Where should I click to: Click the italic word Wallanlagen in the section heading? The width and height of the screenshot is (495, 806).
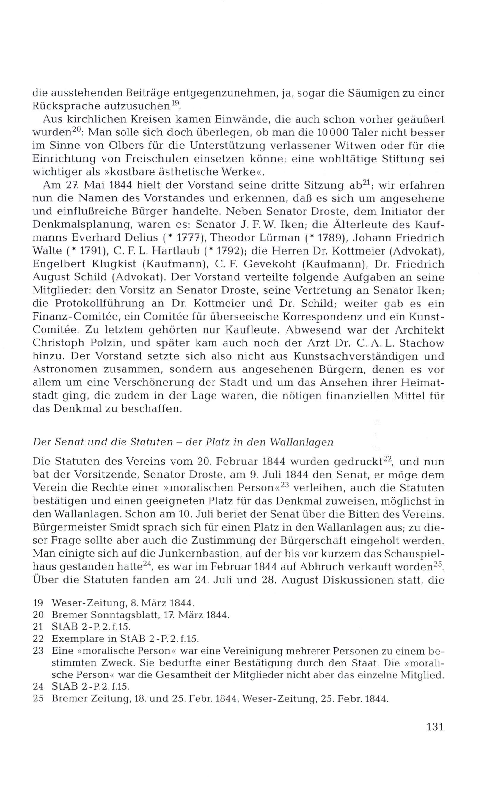click(x=301, y=442)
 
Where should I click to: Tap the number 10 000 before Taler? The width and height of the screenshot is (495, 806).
click(x=332, y=132)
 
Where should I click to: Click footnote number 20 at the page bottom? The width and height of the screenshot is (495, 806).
click(x=38, y=615)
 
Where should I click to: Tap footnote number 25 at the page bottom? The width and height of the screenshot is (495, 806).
click(x=38, y=698)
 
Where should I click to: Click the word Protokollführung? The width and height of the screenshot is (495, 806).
click(x=100, y=304)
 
